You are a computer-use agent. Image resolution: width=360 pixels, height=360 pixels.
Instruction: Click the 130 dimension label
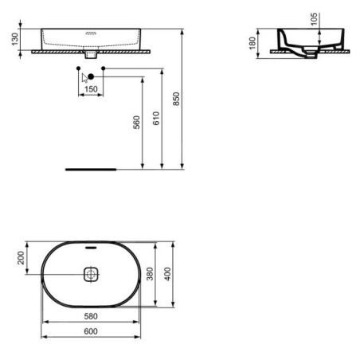pyautogui.click(x=15, y=39)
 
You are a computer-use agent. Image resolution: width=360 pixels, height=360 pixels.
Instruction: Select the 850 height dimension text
pyautogui.click(x=176, y=99)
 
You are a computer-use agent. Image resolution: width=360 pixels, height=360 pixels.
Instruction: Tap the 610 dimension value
pyautogui.click(x=156, y=118)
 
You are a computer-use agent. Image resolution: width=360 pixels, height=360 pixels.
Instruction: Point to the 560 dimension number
pyautogui.click(x=136, y=122)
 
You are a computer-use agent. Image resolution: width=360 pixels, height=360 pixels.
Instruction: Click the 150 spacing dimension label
pyautogui.click(x=91, y=89)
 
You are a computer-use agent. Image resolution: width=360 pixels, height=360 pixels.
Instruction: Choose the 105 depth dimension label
pyautogui.click(x=314, y=19)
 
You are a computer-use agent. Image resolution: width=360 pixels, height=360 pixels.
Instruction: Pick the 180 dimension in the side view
pyautogui.click(x=252, y=43)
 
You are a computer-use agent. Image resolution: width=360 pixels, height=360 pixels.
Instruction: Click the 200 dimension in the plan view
pyautogui.click(x=21, y=258)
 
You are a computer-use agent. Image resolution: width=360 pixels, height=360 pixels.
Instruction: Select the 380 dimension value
pyautogui.click(x=150, y=274)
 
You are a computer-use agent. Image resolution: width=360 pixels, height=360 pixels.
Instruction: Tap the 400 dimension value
pyautogui.click(x=167, y=274)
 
